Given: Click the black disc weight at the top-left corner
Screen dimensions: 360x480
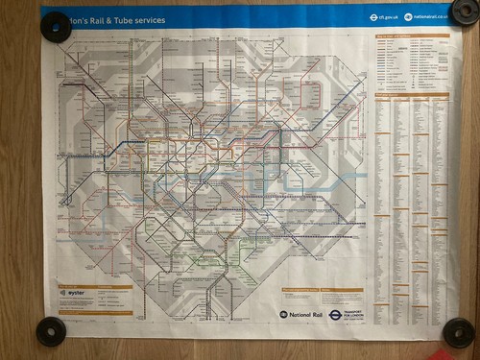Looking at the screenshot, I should coord(57,26).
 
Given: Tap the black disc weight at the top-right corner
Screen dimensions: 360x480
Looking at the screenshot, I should coord(465,12).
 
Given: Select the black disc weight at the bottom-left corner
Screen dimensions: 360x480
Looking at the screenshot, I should coord(50,332).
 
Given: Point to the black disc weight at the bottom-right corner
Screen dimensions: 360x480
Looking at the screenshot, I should coord(460,333).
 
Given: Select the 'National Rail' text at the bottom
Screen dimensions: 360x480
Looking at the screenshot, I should coord(307,314).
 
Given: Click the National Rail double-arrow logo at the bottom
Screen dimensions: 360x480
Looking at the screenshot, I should coord(283,314).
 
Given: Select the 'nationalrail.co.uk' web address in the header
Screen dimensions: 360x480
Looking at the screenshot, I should coord(430,16).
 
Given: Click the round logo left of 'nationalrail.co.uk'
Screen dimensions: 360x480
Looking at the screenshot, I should coord(408,16).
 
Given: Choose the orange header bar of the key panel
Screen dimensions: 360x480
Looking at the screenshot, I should coord(411,36).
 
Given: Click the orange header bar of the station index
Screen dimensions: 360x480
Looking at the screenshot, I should coord(411,93).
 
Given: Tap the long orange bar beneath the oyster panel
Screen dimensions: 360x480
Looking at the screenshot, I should coord(95,313).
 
